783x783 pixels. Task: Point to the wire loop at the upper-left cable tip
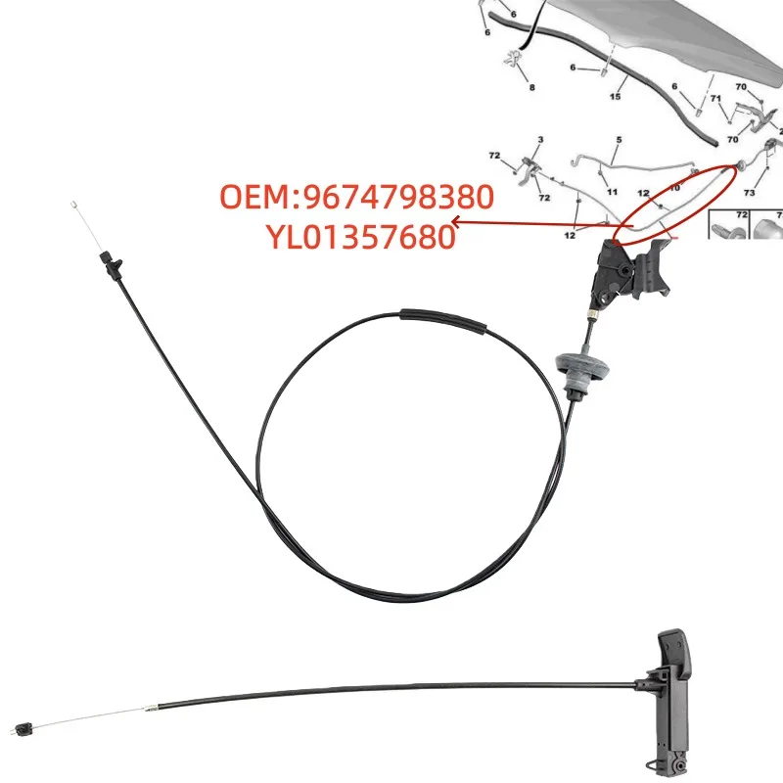[73, 206]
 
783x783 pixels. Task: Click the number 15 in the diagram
[617, 96]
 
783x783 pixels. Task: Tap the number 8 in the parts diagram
[532, 87]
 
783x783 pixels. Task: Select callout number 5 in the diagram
[618, 141]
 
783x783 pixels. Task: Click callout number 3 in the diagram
[539, 141]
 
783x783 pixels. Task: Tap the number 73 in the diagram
[749, 193]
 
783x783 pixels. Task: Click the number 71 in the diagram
[715, 100]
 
